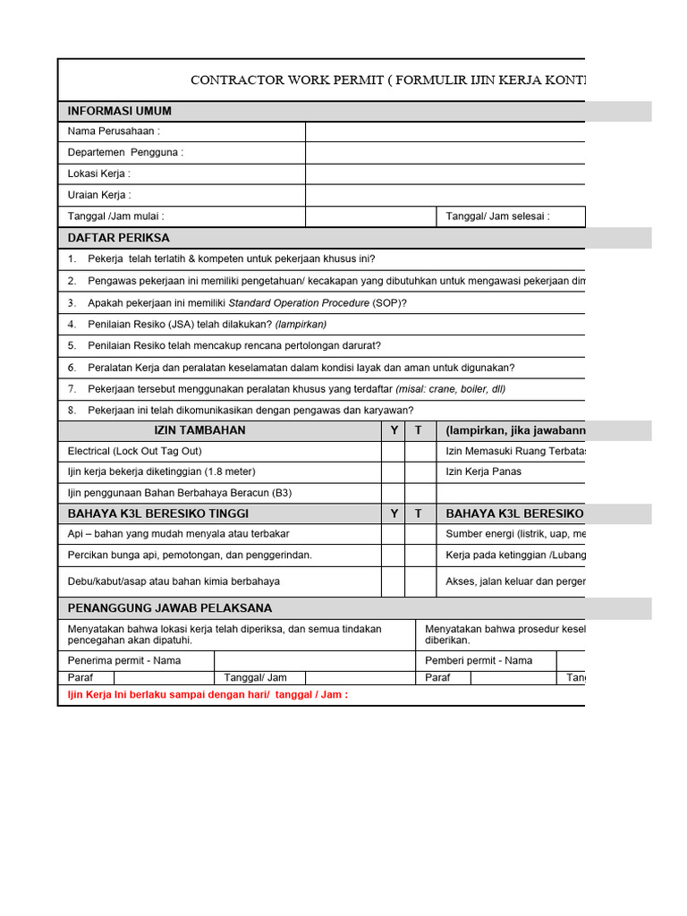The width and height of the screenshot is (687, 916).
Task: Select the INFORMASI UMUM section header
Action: tap(120, 111)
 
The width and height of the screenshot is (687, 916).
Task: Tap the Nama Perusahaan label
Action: tap(114, 131)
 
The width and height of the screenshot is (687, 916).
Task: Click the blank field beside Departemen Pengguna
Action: tap(445, 153)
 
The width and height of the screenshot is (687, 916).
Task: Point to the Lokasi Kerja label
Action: tap(99, 174)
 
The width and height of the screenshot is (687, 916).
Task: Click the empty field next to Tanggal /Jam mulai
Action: tap(370, 216)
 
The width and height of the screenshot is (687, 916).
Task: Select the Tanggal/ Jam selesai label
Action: tap(497, 216)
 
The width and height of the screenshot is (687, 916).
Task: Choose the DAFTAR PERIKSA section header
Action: tap(119, 238)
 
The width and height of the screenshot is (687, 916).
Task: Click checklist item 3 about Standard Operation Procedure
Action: tap(247, 302)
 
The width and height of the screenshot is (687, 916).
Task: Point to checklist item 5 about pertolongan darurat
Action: tap(233, 345)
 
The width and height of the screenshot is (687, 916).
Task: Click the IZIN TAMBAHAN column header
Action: tap(199, 430)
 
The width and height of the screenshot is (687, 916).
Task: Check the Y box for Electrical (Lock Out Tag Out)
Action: tap(393, 452)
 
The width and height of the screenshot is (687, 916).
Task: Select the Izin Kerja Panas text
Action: tap(483, 472)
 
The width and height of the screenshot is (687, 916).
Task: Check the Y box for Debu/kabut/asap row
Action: tap(393, 581)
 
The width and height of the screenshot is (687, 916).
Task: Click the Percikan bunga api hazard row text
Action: tap(190, 556)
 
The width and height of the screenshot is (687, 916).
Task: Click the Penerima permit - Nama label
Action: tap(124, 661)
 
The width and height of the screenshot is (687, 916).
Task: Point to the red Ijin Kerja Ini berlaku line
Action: tap(208, 695)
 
